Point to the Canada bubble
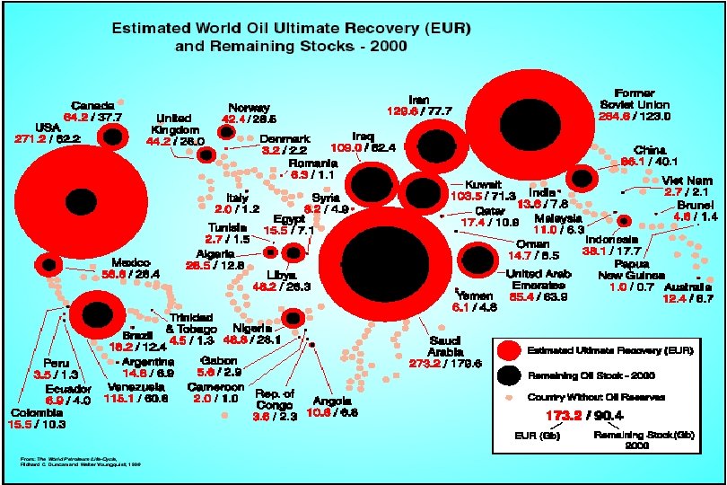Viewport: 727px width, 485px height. point(113,137)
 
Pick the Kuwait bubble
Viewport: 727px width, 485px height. point(419,191)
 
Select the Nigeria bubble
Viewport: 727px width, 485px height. point(293,317)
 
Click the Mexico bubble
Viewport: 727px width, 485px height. point(48,264)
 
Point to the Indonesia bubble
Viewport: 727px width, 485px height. point(624,221)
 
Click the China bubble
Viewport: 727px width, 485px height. point(582,179)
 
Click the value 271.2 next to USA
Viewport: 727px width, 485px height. point(30,139)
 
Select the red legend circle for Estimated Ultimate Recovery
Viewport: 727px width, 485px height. point(508,348)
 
